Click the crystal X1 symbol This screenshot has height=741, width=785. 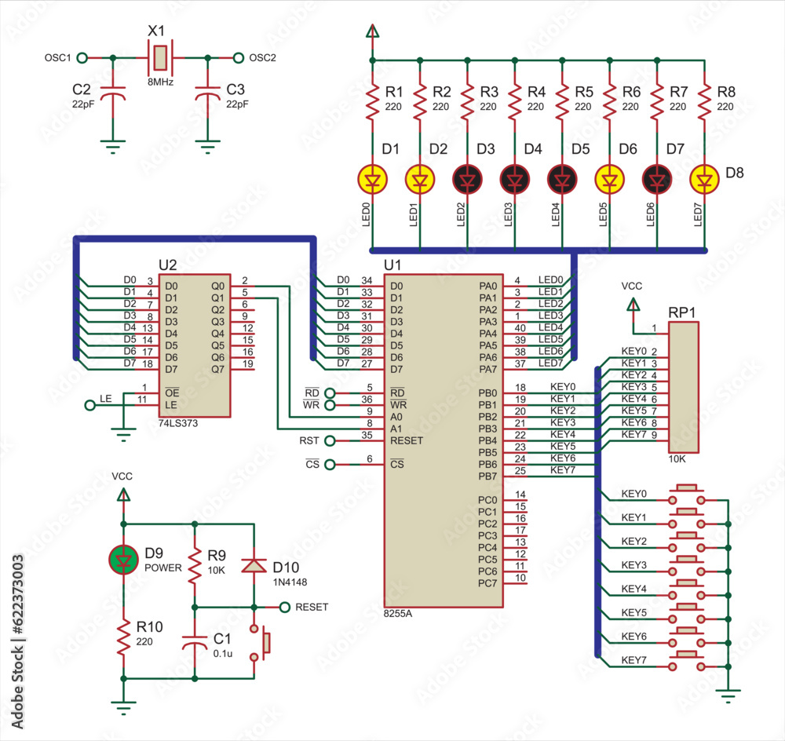(160, 58)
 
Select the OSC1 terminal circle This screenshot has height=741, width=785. (82, 58)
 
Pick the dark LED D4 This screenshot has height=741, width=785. (515, 180)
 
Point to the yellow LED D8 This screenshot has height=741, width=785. (705, 180)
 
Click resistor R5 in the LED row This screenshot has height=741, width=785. (563, 100)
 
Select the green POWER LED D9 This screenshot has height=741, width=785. (122, 559)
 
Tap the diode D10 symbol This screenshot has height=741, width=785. (253, 566)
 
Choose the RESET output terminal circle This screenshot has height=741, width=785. (286, 607)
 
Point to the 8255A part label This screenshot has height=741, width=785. (397, 613)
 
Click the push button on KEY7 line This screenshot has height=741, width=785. (688, 659)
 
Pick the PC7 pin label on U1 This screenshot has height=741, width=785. (487, 582)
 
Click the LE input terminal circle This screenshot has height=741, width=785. (88, 405)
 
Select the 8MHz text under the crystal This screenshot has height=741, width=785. (160, 81)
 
